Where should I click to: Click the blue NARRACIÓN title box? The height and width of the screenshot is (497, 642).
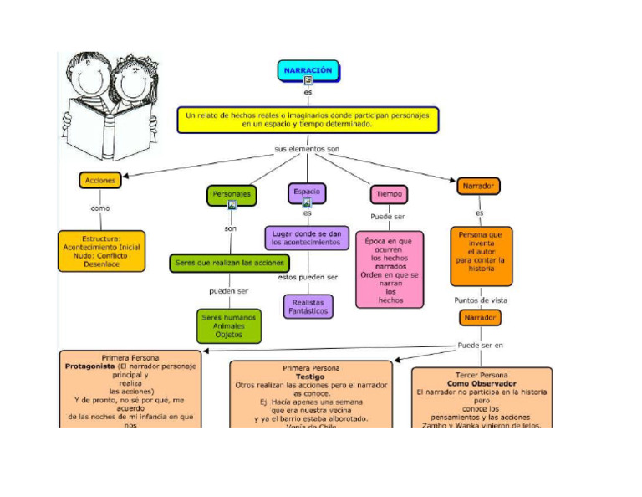[x=308, y=71]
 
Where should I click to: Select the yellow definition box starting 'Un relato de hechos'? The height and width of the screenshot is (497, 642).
[x=308, y=119]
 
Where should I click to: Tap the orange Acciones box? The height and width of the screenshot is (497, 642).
[x=100, y=179]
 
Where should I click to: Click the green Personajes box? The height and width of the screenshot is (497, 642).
[x=231, y=195]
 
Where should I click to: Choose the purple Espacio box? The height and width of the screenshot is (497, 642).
[x=307, y=192]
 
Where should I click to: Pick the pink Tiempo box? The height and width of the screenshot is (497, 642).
[x=389, y=194]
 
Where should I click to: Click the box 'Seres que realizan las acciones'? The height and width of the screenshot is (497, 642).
[x=230, y=263]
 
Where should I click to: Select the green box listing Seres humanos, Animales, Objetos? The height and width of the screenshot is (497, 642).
[x=228, y=325]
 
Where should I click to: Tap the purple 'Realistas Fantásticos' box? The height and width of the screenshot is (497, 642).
[x=308, y=306]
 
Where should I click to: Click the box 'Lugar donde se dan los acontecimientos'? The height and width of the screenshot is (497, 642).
[x=307, y=238]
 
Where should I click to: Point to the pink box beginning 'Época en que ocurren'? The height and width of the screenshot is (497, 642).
[x=390, y=269]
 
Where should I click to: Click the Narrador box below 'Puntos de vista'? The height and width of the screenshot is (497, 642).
[x=480, y=318]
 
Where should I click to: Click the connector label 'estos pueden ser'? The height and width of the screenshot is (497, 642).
[x=308, y=277]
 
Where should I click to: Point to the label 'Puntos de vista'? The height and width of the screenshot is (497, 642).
[x=480, y=300]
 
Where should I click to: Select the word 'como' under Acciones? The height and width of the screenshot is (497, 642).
[x=100, y=208]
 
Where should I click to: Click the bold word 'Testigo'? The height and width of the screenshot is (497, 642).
[x=310, y=377]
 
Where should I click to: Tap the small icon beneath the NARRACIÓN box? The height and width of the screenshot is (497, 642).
[x=308, y=81]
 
